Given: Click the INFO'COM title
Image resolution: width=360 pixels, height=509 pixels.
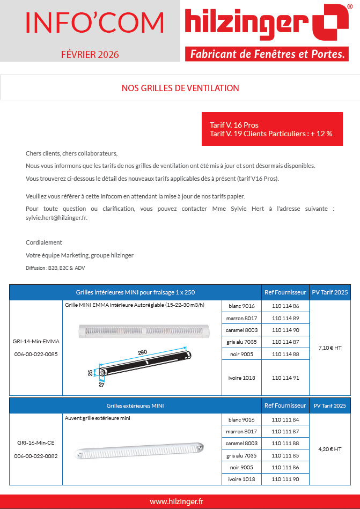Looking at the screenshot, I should (x=94, y=22).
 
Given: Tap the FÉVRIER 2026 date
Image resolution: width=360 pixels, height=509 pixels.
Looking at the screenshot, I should (x=90, y=54).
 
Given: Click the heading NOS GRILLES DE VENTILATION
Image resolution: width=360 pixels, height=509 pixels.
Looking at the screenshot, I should (x=180, y=88).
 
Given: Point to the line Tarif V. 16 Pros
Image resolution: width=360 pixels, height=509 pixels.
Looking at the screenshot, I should (x=234, y=125).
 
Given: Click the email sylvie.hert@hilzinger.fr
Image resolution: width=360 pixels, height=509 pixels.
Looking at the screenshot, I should (x=56, y=218).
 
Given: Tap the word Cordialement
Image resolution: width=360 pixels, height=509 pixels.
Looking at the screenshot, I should (x=44, y=242).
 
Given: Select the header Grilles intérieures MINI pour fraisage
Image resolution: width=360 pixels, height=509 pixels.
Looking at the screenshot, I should (x=135, y=292).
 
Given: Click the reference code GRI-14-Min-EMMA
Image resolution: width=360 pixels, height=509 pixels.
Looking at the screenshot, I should (x=36, y=341).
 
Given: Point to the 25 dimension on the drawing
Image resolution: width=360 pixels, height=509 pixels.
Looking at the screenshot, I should (x=90, y=373).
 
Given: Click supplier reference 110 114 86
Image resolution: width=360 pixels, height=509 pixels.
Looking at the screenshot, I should (x=285, y=306).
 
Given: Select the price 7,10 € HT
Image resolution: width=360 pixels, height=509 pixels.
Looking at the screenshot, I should (x=330, y=348).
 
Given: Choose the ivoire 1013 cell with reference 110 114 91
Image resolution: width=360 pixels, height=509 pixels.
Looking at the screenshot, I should (x=241, y=378).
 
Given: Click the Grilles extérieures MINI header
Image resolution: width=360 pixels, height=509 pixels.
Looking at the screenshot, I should (x=135, y=405).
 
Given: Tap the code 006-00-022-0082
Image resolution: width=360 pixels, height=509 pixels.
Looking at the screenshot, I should (x=36, y=456).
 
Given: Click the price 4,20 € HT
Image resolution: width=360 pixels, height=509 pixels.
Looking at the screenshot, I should (x=330, y=449).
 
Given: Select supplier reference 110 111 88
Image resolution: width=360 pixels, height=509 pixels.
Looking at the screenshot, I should (x=285, y=444).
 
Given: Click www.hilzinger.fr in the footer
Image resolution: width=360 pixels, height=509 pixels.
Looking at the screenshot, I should (x=177, y=501).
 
